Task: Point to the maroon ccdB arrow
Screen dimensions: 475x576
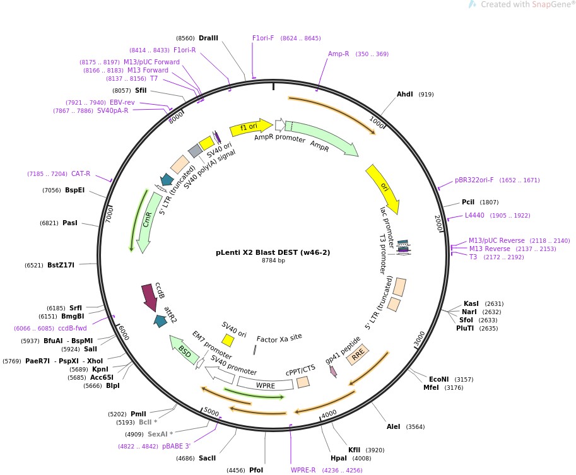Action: [150, 296]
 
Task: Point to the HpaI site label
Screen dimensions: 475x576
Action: [338, 458]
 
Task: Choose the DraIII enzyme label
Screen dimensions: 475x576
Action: [208, 38]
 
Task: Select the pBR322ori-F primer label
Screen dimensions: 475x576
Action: [474, 180]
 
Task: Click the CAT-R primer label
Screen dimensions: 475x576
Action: [80, 173]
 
